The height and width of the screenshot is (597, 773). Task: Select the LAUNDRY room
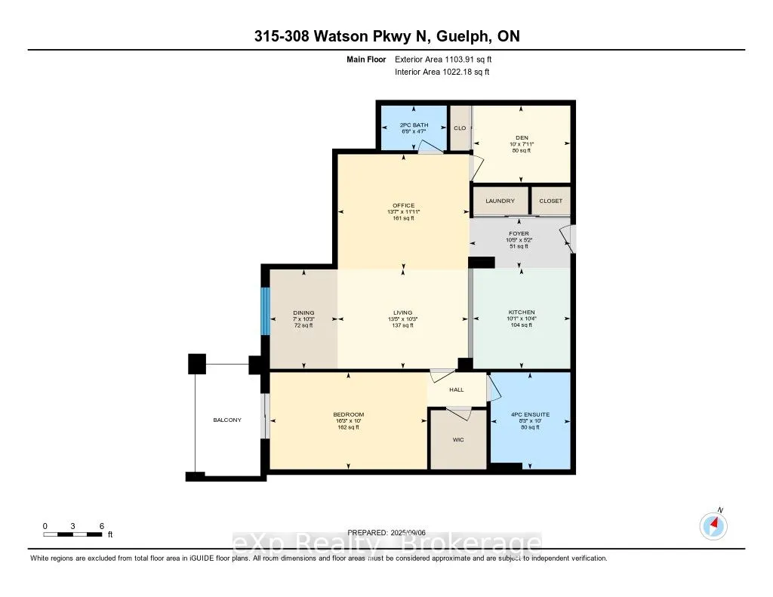click(x=500, y=201)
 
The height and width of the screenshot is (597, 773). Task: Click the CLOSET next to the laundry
click(x=550, y=201)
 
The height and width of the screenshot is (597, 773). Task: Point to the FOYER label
click(x=518, y=233)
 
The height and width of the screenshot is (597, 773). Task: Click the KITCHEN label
click(x=521, y=312)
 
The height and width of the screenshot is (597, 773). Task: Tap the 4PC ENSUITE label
click(x=531, y=414)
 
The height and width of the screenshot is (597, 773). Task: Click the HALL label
click(x=456, y=389)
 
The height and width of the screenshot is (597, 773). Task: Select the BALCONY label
click(x=226, y=420)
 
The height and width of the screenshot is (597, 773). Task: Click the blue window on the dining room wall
click(x=264, y=311)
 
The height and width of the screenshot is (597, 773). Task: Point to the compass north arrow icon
click(x=713, y=525)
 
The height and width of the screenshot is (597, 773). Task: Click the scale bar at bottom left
click(x=72, y=534)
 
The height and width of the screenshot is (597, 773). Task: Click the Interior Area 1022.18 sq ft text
click(x=442, y=72)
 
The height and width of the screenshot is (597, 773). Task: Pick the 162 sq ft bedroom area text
click(x=349, y=427)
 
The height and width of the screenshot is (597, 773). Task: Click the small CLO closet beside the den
click(x=459, y=128)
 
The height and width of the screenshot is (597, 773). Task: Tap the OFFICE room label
click(x=403, y=205)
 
